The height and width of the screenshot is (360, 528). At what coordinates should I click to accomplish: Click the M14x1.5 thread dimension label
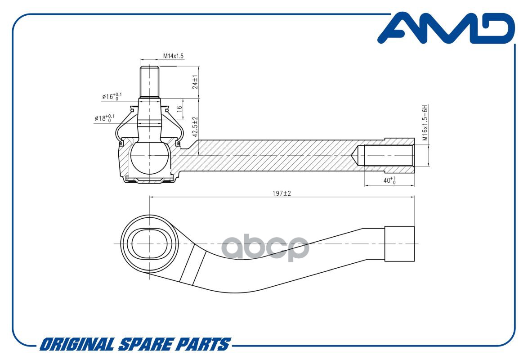(x=174, y=56)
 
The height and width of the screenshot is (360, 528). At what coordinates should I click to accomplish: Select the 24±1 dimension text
(x=195, y=82)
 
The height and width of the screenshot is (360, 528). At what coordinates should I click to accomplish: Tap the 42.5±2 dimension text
(x=195, y=127)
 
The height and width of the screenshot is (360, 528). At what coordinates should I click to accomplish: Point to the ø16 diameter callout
(x=112, y=96)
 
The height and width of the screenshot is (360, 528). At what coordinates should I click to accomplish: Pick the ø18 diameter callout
(x=104, y=118)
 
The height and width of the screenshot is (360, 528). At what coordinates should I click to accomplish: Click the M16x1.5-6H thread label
(x=425, y=123)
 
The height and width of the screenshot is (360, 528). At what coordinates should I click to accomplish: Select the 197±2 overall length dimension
(x=282, y=193)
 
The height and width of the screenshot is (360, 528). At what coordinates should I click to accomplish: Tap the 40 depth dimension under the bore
(x=389, y=180)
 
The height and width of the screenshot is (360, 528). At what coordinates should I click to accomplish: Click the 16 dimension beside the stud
(x=179, y=108)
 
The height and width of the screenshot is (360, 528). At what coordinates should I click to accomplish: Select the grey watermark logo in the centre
(x=265, y=247)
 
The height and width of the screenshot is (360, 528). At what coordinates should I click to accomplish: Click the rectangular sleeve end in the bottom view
(x=399, y=244)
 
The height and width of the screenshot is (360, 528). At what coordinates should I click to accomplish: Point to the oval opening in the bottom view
(x=149, y=244)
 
